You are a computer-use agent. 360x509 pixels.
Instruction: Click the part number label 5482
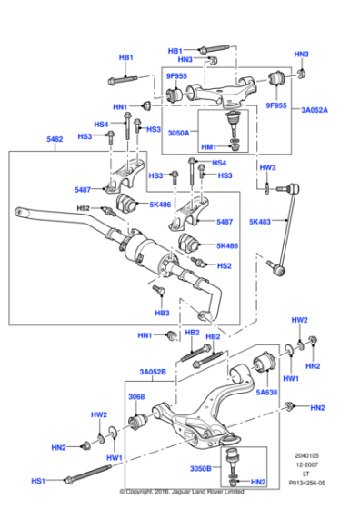pyautogui.click(x=54, y=140)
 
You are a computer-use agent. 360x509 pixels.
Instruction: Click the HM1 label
pyautogui.click(x=208, y=147)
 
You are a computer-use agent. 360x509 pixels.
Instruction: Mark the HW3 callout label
pyautogui.click(x=266, y=167)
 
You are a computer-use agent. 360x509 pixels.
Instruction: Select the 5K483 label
pyautogui.click(x=261, y=221)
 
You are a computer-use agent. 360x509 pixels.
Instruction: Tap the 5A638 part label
pyautogui.click(x=265, y=393)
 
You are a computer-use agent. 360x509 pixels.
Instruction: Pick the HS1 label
pyautogui.click(x=39, y=480)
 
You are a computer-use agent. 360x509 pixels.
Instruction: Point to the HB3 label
pyautogui.click(x=162, y=313)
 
